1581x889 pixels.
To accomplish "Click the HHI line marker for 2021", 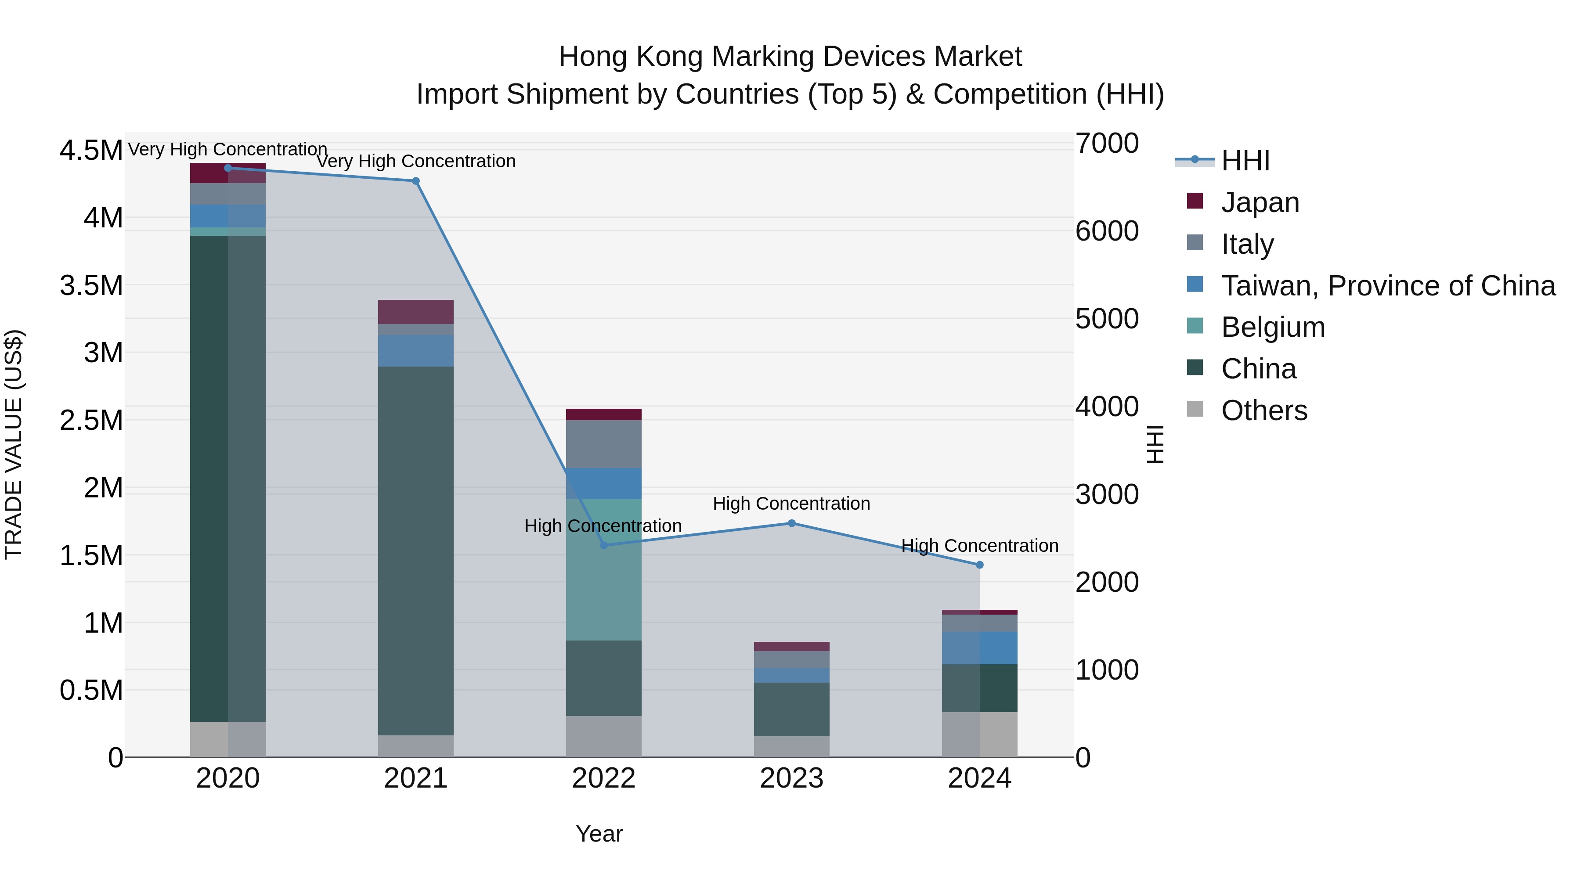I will coord(415,181).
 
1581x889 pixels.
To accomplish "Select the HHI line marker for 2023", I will coord(791,523).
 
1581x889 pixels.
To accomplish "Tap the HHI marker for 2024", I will coord(979,565).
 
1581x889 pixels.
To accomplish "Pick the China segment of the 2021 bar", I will coord(415,551).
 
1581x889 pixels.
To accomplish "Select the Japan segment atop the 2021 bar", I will coord(415,312).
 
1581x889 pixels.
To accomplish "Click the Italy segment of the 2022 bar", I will coord(603,444).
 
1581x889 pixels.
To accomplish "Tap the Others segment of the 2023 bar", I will coord(791,747).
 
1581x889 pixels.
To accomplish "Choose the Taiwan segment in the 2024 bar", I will coord(979,648).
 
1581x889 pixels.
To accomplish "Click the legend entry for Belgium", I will coord(1273,327).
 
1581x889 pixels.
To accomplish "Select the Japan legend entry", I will coord(1260,202).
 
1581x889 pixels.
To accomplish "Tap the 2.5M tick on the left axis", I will coord(91,421).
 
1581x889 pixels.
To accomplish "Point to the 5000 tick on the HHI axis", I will coord(1107,319).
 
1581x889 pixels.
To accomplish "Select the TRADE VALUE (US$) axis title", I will coord(14,444).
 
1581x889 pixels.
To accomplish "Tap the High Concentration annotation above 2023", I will coord(791,504).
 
